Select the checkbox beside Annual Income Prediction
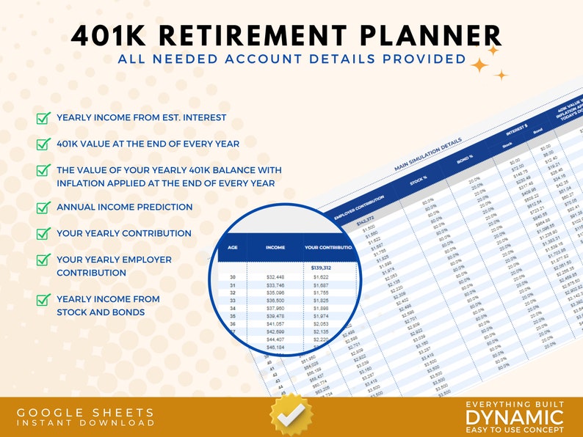click(x=43, y=208)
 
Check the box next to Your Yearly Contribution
click(x=43, y=234)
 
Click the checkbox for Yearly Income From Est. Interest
click(x=43, y=118)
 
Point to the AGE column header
click(x=233, y=248)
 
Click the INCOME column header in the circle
click(x=275, y=248)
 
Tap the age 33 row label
click(x=233, y=301)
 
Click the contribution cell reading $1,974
click(x=320, y=316)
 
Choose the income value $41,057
click(x=275, y=324)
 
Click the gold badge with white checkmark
click(x=291, y=415)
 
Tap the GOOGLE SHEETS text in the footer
click(x=86, y=413)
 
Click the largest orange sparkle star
click(x=480, y=65)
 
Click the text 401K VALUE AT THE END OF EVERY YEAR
click(x=148, y=144)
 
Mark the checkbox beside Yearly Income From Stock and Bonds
click(x=43, y=300)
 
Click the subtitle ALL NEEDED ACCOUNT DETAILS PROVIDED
click(x=291, y=59)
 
